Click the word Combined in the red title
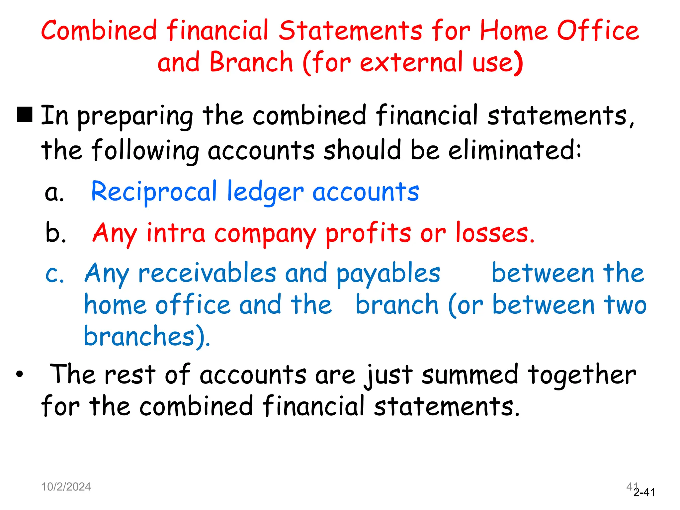tap(99, 30)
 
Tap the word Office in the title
tap(598, 30)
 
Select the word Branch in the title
tap(251, 62)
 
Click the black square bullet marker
tap(25, 115)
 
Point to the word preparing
tap(135, 116)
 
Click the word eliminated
tap(514, 150)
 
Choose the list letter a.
tap(54, 193)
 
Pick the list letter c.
tap(54, 274)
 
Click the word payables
tap(388, 274)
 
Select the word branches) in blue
tap(147, 336)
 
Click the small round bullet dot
tap(20, 374)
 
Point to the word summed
tap(469, 375)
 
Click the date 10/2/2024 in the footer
tap(66, 487)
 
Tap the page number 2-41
tap(644, 492)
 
